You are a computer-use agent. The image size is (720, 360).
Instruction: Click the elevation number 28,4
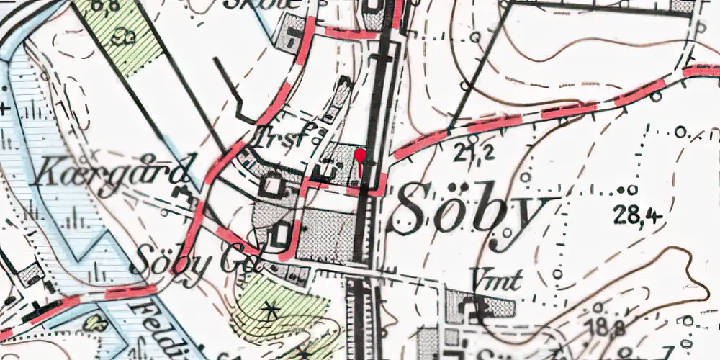click(639, 213)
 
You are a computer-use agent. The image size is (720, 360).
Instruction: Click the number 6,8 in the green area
click(106, 7)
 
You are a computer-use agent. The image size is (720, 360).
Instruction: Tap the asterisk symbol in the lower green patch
click(271, 310)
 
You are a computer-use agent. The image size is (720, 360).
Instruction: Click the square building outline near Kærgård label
click(272, 186)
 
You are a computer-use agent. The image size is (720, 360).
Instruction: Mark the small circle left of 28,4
click(631, 190)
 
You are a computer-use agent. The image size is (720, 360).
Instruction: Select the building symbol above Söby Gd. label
click(283, 234)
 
